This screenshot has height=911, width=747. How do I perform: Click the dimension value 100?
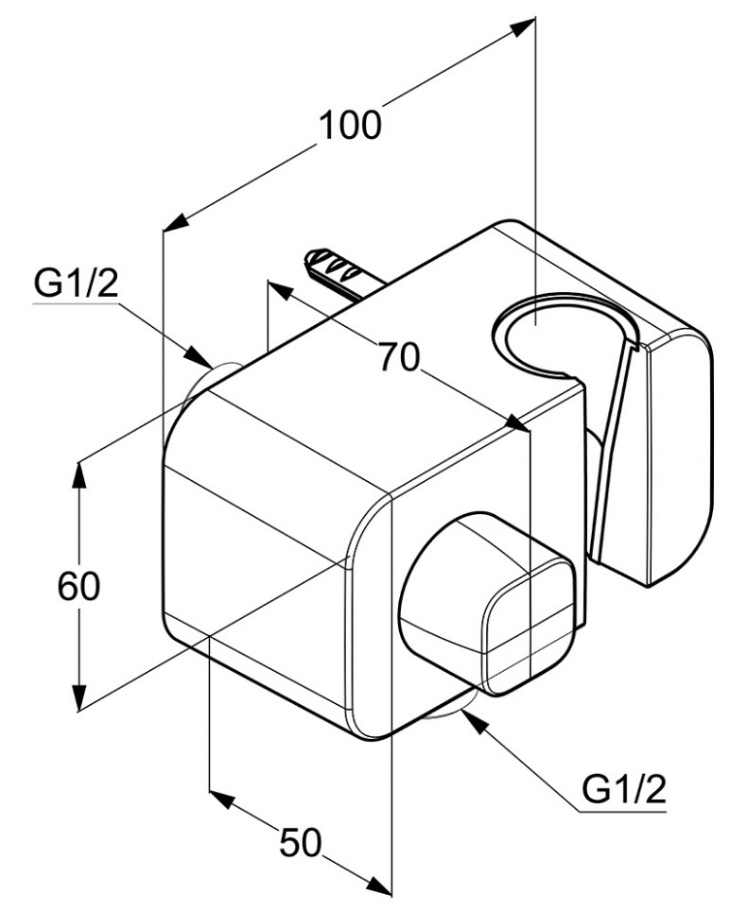350,125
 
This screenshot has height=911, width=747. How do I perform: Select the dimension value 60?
78,587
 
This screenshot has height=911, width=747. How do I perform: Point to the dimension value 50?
302,842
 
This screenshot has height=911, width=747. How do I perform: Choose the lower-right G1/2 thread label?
623,789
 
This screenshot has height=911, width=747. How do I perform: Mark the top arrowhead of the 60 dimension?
79,473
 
